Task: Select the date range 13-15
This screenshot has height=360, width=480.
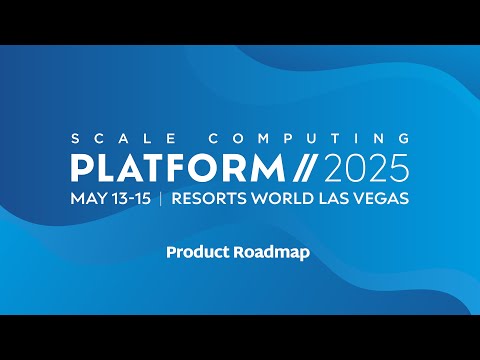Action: pyautogui.click(x=130, y=198)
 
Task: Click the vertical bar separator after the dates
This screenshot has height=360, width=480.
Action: pyautogui.click(x=161, y=198)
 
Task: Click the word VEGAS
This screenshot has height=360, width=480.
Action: pyautogui.click(x=380, y=198)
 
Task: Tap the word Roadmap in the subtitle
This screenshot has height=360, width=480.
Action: pyautogui.click(x=271, y=253)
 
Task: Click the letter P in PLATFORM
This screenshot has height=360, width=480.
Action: pyautogui.click(x=81, y=165)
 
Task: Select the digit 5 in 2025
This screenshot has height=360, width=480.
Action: pyautogui.click(x=397, y=165)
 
